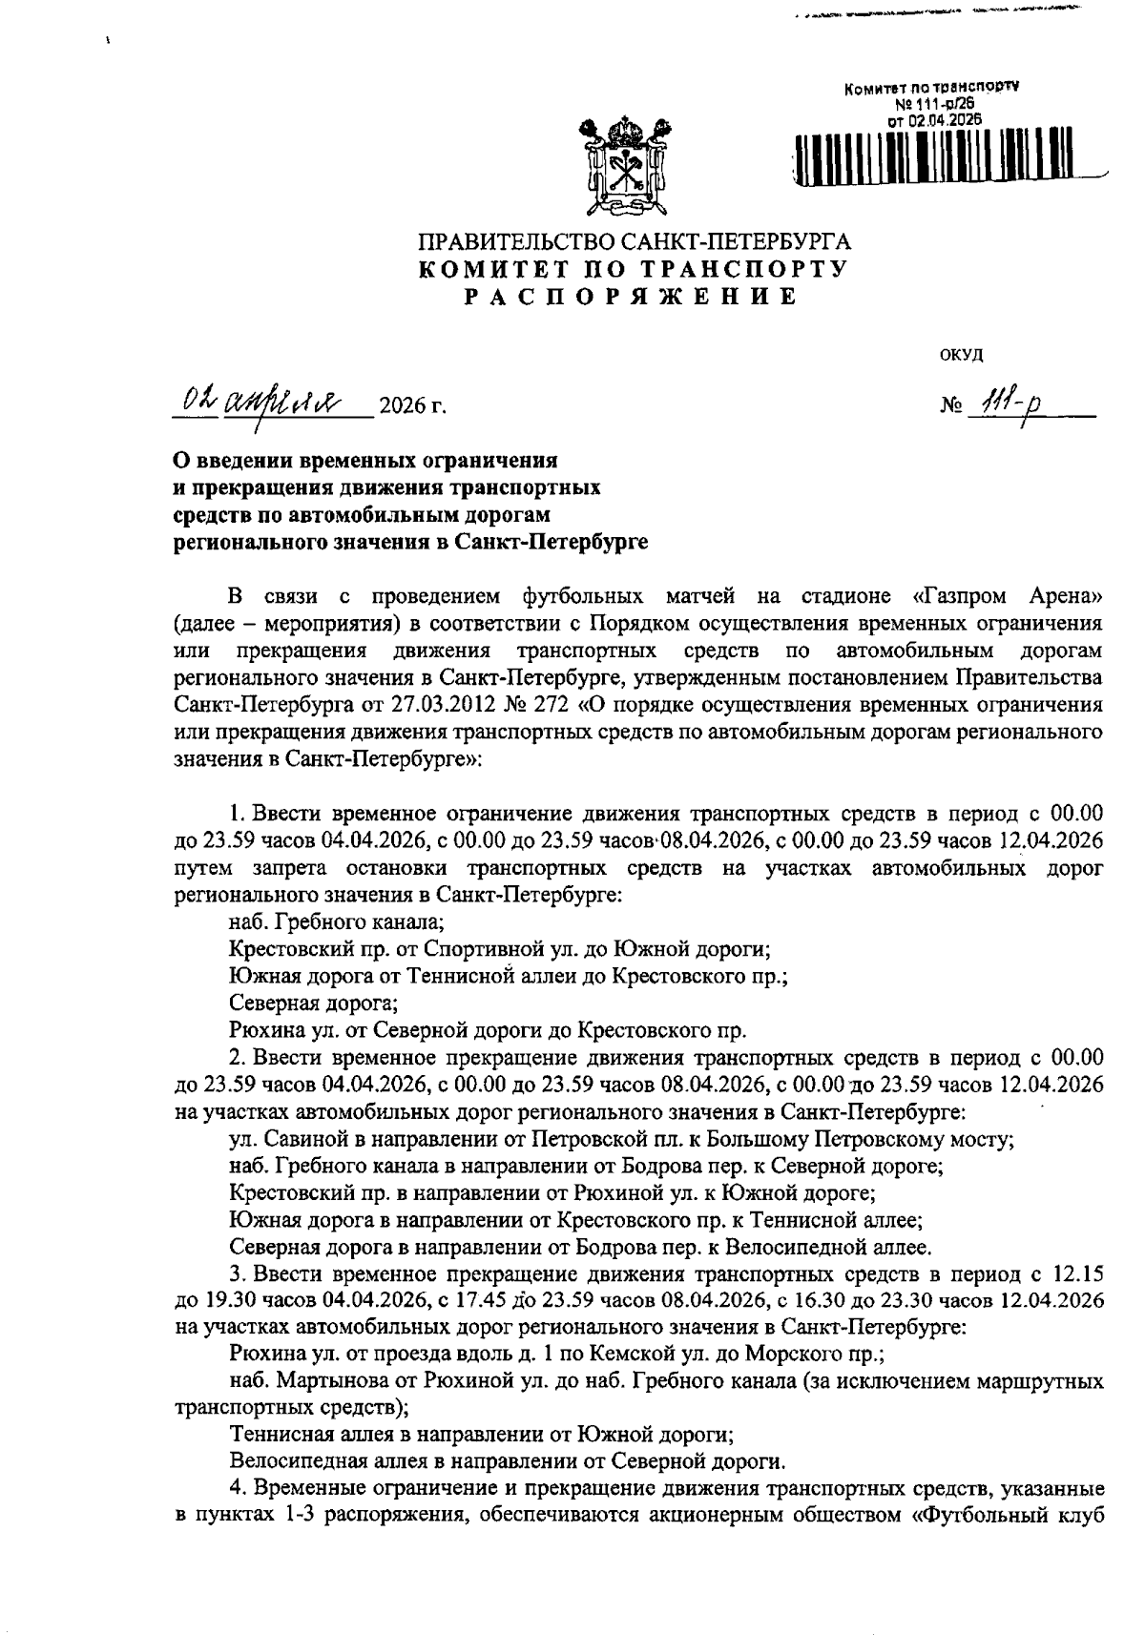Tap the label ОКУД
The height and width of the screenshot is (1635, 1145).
click(x=961, y=354)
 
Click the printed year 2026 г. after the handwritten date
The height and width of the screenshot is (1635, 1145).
click(x=412, y=408)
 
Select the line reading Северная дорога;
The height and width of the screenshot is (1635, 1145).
click(x=314, y=1003)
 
